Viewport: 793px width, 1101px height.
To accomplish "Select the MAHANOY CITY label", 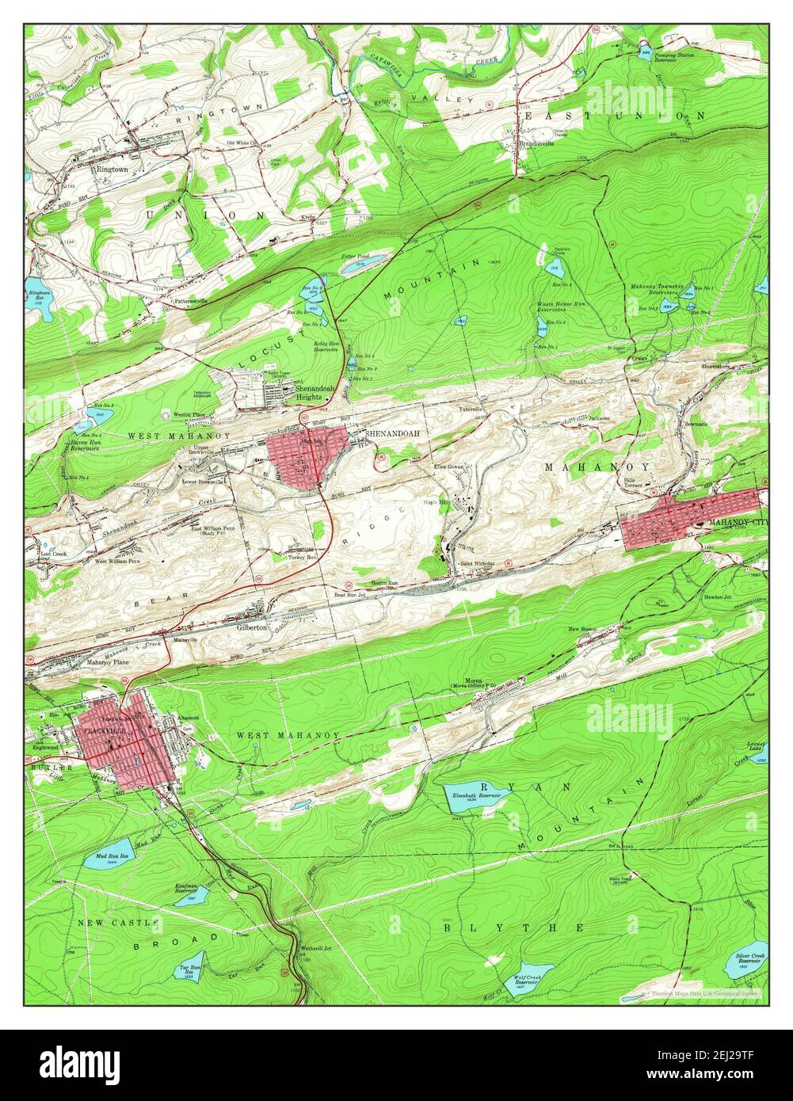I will [738, 522].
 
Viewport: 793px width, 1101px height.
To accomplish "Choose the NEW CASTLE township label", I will [118, 923].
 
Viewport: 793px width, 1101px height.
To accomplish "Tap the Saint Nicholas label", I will [478, 564].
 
